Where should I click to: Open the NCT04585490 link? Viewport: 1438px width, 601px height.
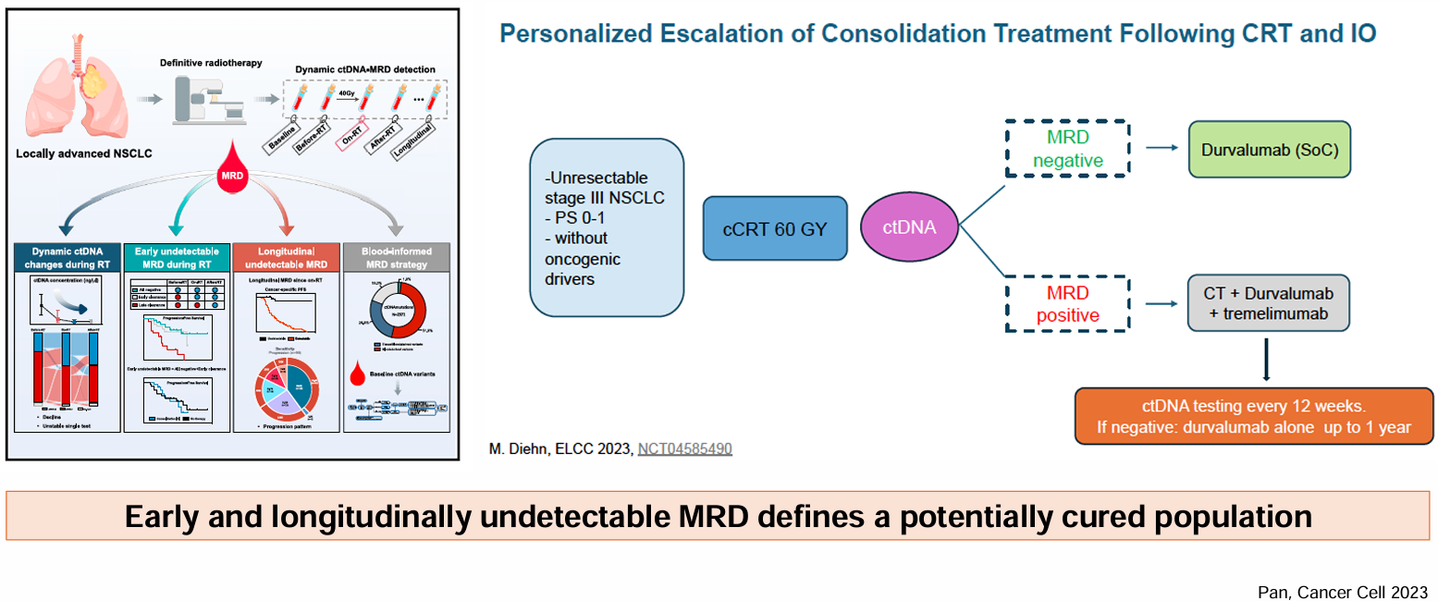pos(684,448)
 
